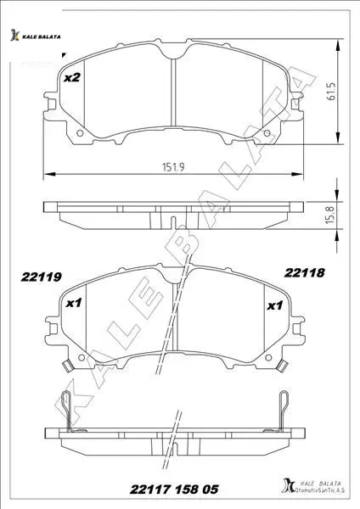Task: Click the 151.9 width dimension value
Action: click(x=173, y=167)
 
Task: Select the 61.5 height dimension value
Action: click(x=331, y=92)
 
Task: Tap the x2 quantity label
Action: click(x=72, y=77)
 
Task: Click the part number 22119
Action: click(x=42, y=277)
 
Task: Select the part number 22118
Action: click(x=305, y=272)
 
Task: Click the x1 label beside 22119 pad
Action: click(x=73, y=303)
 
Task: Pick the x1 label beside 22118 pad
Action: click(x=275, y=305)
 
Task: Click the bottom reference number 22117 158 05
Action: click(x=174, y=489)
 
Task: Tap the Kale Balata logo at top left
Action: click(x=35, y=36)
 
